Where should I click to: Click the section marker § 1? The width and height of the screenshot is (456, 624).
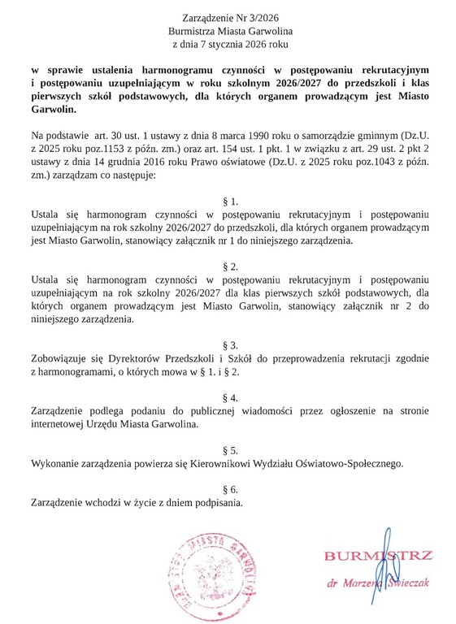pyautogui.click(x=230, y=200)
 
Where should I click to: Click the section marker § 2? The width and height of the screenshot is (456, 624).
pyautogui.click(x=230, y=266)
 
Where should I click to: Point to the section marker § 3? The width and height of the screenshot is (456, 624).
pyautogui.click(x=230, y=344)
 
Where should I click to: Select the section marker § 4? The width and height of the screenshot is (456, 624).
pyautogui.click(x=230, y=397)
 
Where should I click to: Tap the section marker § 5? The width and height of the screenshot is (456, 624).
pyautogui.click(x=230, y=449)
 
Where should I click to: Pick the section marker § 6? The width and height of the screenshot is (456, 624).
pyautogui.click(x=230, y=489)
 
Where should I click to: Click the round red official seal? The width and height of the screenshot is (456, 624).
pyautogui.click(x=204, y=574)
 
